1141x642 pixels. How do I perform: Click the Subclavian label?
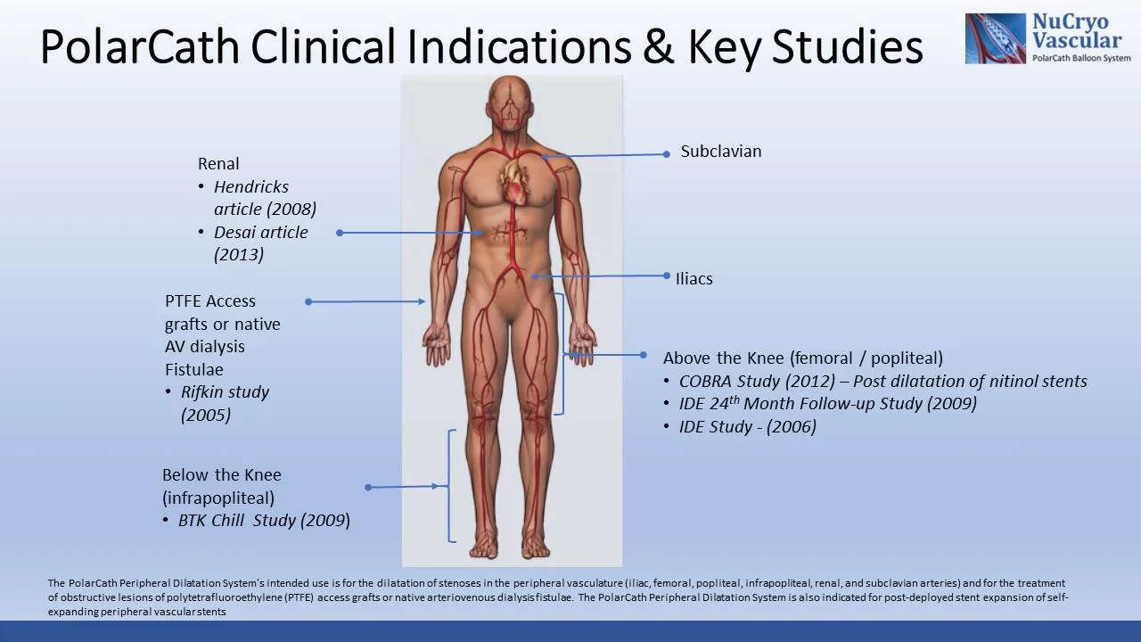(720, 152)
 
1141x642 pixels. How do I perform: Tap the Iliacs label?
(694, 279)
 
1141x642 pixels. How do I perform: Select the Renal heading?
(218, 164)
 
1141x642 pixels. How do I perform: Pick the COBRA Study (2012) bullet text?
(882, 382)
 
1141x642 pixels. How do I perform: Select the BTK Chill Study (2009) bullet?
(264, 521)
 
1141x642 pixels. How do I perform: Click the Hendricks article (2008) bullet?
(265, 198)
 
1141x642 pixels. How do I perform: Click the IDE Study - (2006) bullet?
(747, 427)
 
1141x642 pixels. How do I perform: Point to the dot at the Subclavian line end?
(666, 154)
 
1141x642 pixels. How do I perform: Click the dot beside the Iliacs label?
(666, 276)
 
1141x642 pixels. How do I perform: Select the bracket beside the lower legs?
(451, 486)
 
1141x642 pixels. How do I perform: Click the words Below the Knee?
(221, 475)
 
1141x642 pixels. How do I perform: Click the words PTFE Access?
(209, 301)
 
